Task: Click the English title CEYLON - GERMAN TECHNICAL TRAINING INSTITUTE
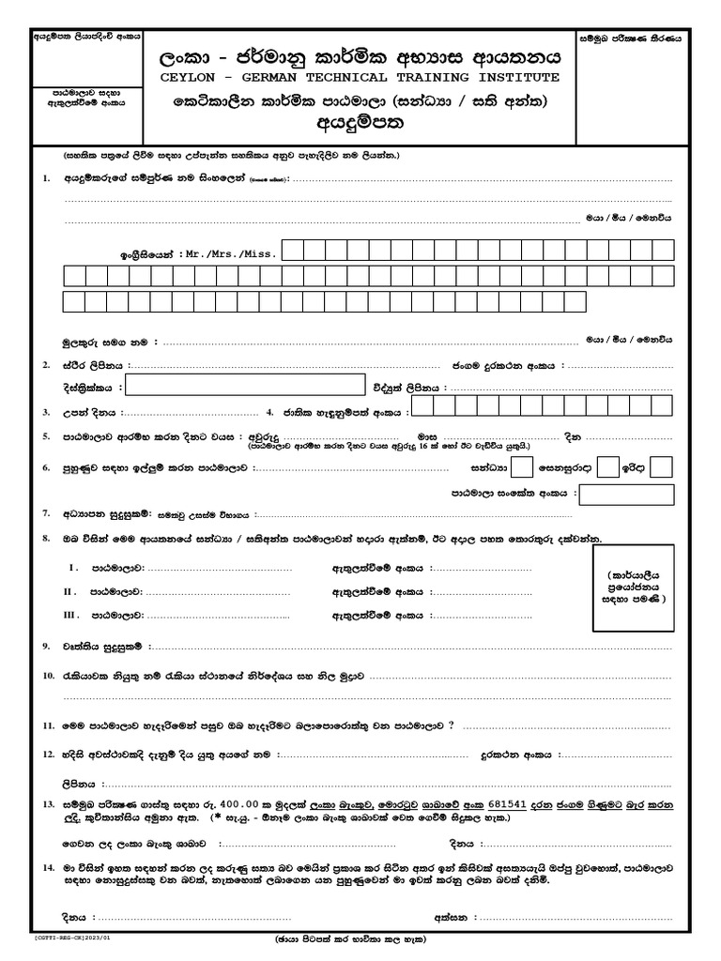[359, 76]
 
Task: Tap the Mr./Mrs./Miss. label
[230, 253]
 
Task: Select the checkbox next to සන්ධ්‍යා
[524, 466]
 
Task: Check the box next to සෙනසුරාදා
[608, 466]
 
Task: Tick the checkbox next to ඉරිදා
[662, 466]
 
